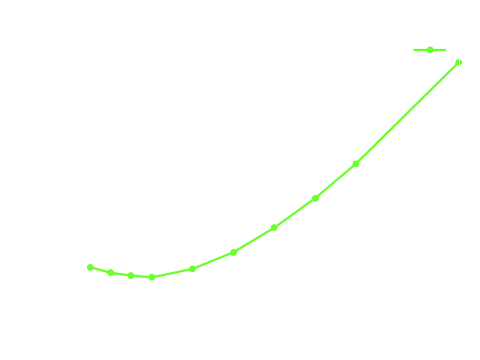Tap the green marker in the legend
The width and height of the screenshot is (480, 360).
(x=430, y=50)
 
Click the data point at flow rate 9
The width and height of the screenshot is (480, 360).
(x=458, y=63)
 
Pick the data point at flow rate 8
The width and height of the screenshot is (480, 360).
(x=356, y=163)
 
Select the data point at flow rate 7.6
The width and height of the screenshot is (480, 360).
(x=315, y=198)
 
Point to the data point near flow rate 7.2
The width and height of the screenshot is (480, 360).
(x=274, y=227)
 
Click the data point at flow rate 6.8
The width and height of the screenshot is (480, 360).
(x=233, y=252)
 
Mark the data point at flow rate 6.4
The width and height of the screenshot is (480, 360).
(x=192, y=268)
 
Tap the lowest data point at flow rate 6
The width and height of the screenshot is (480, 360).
(x=151, y=277)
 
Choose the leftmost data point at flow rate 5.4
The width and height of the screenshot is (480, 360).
(x=90, y=267)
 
